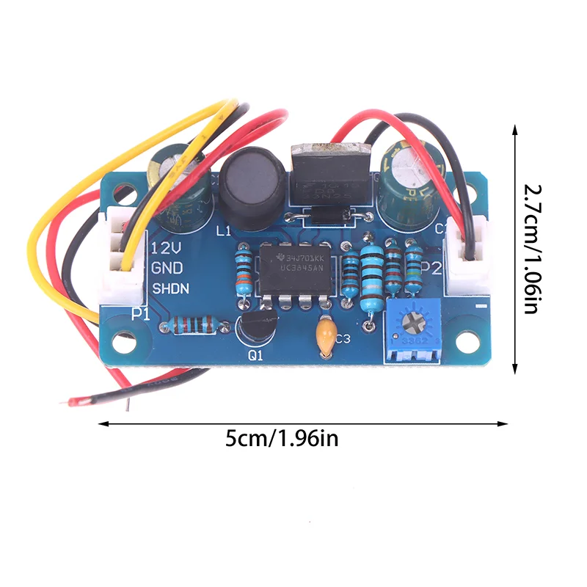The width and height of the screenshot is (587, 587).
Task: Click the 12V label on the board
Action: point(162,249)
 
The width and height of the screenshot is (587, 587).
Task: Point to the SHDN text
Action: point(170,288)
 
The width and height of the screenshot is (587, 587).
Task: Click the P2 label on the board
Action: point(431,269)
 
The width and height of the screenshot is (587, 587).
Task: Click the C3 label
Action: point(343,338)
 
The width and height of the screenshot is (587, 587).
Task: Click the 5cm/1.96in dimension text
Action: point(282,440)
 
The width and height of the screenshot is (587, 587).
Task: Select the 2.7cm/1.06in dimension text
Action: point(534,248)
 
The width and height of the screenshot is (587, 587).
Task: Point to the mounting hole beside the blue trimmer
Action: point(464,341)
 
